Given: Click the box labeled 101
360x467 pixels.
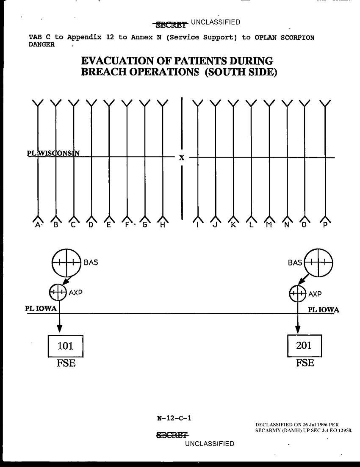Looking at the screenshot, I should tap(65, 346).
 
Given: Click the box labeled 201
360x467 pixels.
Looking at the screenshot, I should tap(304, 345).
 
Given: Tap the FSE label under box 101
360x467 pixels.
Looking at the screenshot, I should tap(66, 363).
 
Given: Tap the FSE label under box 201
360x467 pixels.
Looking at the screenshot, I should tap(305, 363).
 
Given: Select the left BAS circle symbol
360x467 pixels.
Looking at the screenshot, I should tap(66, 263).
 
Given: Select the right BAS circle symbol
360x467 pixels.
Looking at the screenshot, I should tap(318, 263).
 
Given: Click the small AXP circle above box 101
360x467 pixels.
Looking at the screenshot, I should tap(58, 292).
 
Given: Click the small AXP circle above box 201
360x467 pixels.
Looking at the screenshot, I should tap(298, 293).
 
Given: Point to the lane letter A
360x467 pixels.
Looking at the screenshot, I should tap(38, 225).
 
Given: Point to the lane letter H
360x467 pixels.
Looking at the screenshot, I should tap(163, 225).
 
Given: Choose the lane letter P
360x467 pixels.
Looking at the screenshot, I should tap(325, 225).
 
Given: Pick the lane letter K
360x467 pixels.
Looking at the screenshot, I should tap(233, 225).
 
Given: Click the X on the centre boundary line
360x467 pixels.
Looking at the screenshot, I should tap(182, 158).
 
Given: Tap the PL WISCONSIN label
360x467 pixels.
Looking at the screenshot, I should tap(53, 153).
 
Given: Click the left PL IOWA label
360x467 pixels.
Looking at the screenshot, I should tap(41, 309).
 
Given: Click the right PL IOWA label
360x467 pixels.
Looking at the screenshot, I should tap(323, 309).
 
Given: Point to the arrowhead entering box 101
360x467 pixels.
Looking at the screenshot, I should tap(59, 329).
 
